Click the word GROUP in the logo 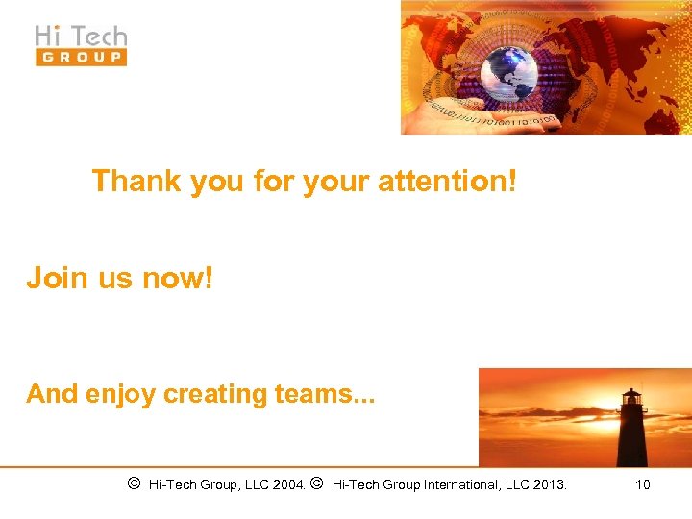pyautogui.click(x=81, y=57)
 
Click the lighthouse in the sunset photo pyautogui.click(x=630, y=429)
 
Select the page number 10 pyautogui.click(x=642, y=484)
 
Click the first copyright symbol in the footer pyautogui.click(x=134, y=483)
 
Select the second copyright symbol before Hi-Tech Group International pyautogui.click(x=317, y=483)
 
